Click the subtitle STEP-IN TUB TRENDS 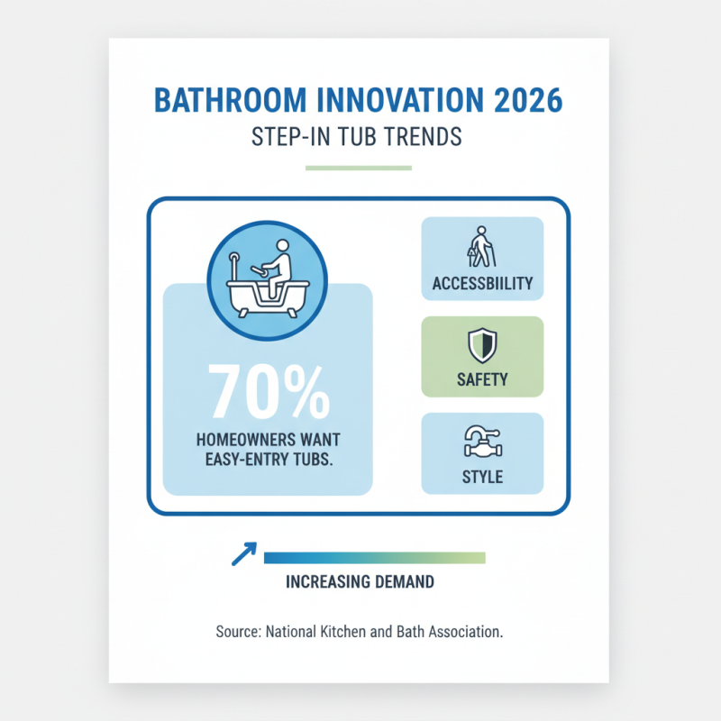tap(359, 136)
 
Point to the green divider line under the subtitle tap(359, 168)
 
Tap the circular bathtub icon tap(267, 281)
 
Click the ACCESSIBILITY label tap(482, 283)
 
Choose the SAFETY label tap(482, 379)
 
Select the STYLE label tap(482, 476)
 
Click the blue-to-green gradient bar tap(374, 558)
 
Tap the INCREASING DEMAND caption tap(359, 582)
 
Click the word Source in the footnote tap(237, 632)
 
